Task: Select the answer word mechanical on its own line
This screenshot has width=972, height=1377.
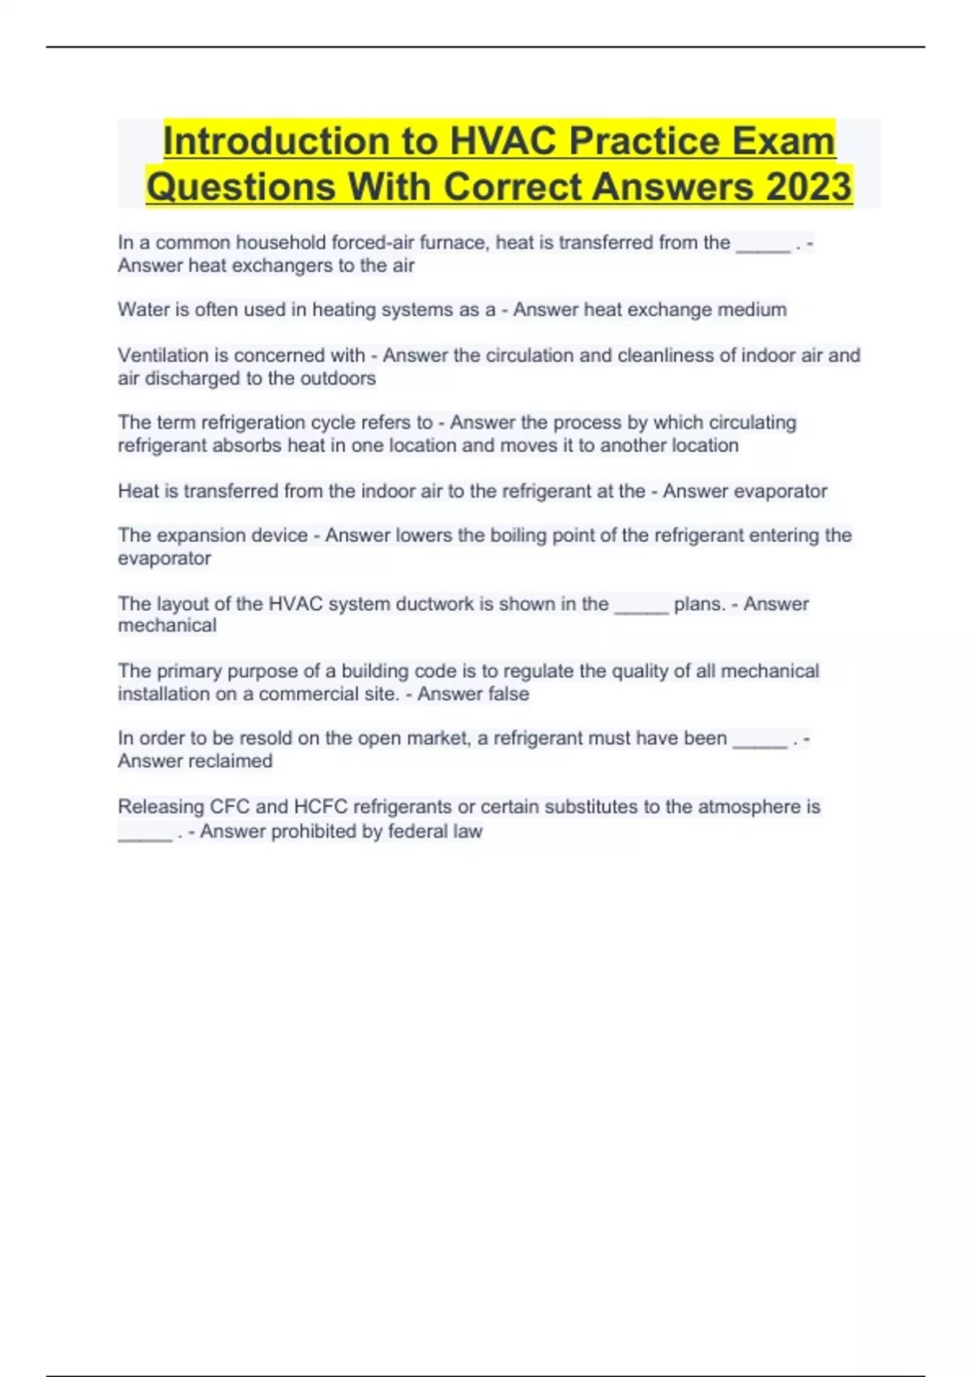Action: tap(167, 625)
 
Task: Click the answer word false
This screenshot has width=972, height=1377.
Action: tap(506, 694)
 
